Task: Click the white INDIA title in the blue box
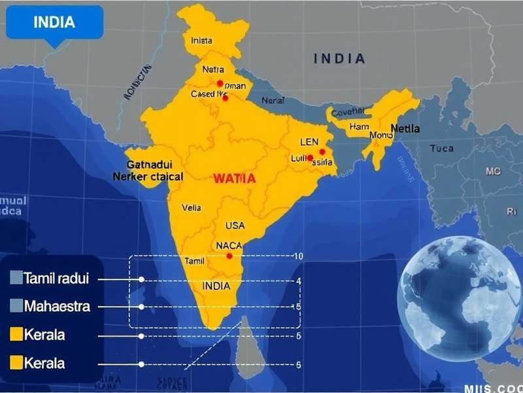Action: pos(54,22)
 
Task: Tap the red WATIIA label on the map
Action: pos(234,178)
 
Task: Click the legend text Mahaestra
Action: pos(56,307)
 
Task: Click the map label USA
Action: pos(235,225)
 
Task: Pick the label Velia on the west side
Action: pos(192,208)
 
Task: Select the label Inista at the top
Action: pos(201,41)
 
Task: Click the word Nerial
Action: pos(273,101)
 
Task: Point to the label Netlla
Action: pos(405,128)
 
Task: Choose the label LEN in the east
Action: pos(309,142)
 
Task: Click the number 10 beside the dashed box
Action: pos(297,256)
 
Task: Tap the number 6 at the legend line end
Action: pos(298,364)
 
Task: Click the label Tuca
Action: pos(441,149)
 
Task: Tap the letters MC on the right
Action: pos(492,171)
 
